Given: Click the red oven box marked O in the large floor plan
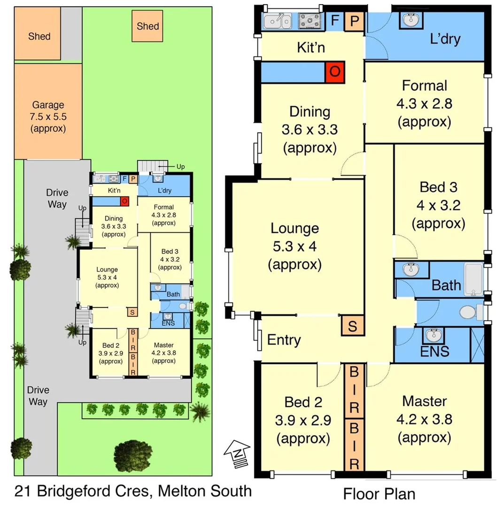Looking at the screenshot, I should click(x=335, y=71).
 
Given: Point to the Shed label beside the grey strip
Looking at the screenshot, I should click(x=39, y=36).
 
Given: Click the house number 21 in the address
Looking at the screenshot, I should click(x=22, y=492).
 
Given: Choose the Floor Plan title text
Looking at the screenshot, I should click(x=379, y=493).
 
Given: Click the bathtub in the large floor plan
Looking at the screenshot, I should click(x=473, y=280).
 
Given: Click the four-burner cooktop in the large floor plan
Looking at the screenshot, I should click(x=310, y=21).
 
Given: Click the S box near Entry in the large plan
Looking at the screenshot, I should click(x=352, y=326).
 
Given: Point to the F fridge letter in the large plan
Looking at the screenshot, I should click(x=335, y=21).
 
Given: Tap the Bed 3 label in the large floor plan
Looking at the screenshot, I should click(x=438, y=187).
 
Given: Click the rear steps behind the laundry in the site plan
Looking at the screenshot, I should click(x=148, y=167).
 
